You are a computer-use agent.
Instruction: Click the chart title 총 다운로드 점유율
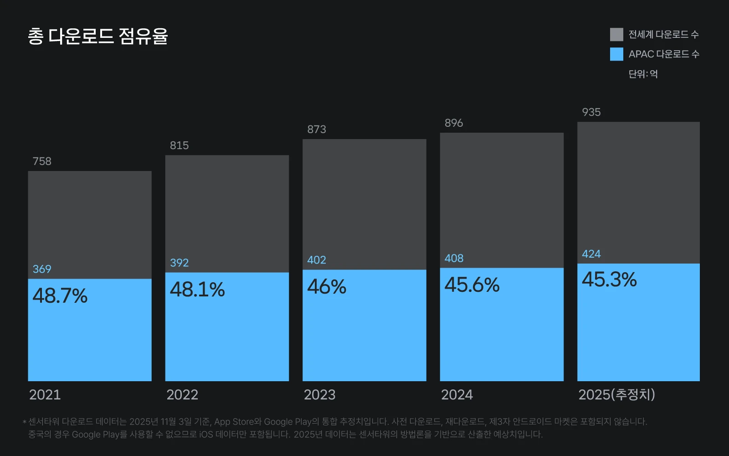coord(98,36)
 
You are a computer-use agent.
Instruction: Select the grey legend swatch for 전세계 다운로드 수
coord(616,35)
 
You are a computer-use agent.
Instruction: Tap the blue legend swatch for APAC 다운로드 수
coord(616,54)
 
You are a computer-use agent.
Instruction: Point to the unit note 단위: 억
coord(643,74)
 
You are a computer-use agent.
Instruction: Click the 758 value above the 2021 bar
coord(42,161)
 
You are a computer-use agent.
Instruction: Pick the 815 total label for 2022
coord(180,145)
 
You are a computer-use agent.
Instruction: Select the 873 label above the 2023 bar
coord(317,130)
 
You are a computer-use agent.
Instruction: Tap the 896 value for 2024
coord(454,123)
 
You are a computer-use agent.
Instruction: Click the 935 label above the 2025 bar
coord(591,112)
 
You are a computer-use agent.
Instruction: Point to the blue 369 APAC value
coord(42,269)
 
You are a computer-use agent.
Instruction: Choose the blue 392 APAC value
coord(180,263)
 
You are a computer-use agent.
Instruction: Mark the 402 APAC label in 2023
coord(317,260)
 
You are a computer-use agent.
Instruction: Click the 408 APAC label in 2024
coord(454,258)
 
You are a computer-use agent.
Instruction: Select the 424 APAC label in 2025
coord(591,254)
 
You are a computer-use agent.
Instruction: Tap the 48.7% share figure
coord(60,296)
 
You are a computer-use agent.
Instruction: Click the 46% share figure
coord(327,287)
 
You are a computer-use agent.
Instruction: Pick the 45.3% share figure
coord(609,280)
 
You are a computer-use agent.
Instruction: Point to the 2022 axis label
coord(182,395)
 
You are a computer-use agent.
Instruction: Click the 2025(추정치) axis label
coord(617,394)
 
